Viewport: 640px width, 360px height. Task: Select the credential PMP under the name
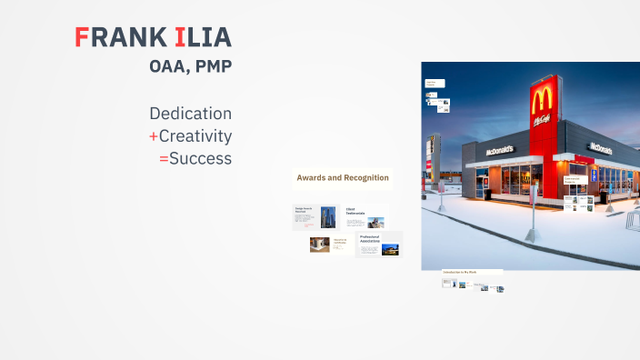coord(212,66)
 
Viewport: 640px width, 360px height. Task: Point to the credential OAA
coord(168,66)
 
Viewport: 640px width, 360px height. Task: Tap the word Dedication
coord(190,114)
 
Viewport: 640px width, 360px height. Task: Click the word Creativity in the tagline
coord(195,136)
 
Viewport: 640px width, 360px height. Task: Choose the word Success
coord(200,158)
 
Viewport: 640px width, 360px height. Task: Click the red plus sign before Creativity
coord(154,136)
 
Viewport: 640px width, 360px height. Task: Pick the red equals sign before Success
coord(164,158)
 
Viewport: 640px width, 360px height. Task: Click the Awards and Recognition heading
coord(343,177)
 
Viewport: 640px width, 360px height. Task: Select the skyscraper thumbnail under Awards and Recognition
coord(327,216)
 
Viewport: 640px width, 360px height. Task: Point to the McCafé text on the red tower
coord(544,119)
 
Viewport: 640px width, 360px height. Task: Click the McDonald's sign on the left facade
coord(487,148)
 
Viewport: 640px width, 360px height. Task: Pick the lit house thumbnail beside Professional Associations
coord(390,248)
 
